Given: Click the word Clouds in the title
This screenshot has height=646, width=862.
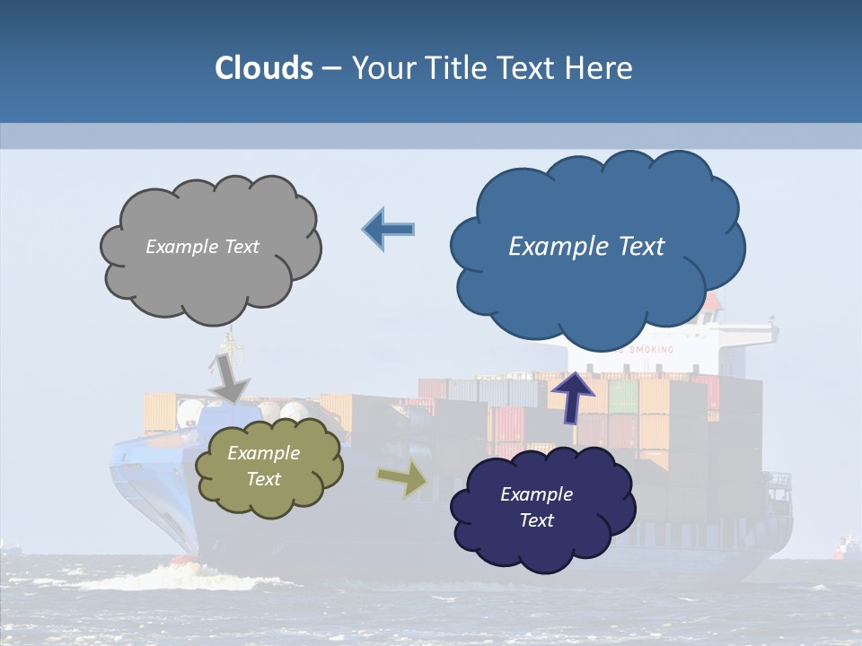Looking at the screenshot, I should [x=264, y=68].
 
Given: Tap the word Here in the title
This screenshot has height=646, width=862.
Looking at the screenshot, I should [x=602, y=68].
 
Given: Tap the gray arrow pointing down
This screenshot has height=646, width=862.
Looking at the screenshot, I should [x=229, y=378].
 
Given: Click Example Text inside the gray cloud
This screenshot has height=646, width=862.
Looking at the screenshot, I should [x=202, y=246].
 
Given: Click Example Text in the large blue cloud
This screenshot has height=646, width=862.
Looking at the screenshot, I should [x=586, y=246].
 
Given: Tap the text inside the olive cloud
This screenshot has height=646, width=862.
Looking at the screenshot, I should [x=263, y=466].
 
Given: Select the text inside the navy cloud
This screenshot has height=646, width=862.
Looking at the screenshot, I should [x=536, y=507].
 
